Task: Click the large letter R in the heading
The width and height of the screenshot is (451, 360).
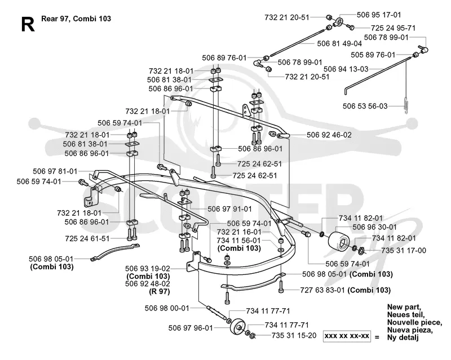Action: pos(28,24)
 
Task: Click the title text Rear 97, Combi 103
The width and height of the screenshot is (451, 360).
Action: pos(76,19)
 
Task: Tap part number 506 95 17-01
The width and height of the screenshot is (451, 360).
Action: pos(379,15)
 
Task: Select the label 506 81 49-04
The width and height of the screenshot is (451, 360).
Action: pos(339,43)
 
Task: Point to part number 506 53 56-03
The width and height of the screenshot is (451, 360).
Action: pos(365,106)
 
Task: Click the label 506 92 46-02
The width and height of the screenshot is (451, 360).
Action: pos(329,135)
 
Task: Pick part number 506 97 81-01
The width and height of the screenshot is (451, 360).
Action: pos(55,171)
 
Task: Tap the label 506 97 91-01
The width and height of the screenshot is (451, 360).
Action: pos(229,209)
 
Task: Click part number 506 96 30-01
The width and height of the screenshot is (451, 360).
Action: pos(374,227)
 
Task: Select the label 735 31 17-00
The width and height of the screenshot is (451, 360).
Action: pos(404,251)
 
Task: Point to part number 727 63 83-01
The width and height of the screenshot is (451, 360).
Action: pos(322,290)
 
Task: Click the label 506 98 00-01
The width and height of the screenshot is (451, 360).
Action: pos(167,308)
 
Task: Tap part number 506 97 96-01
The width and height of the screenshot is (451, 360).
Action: pos(191,328)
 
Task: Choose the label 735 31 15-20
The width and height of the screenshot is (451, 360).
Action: pos(294,335)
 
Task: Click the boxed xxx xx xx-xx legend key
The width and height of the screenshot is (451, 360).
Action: pos(347,336)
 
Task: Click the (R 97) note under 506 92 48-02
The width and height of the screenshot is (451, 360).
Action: pos(160,291)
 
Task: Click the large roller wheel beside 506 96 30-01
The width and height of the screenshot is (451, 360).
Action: pos(339,239)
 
